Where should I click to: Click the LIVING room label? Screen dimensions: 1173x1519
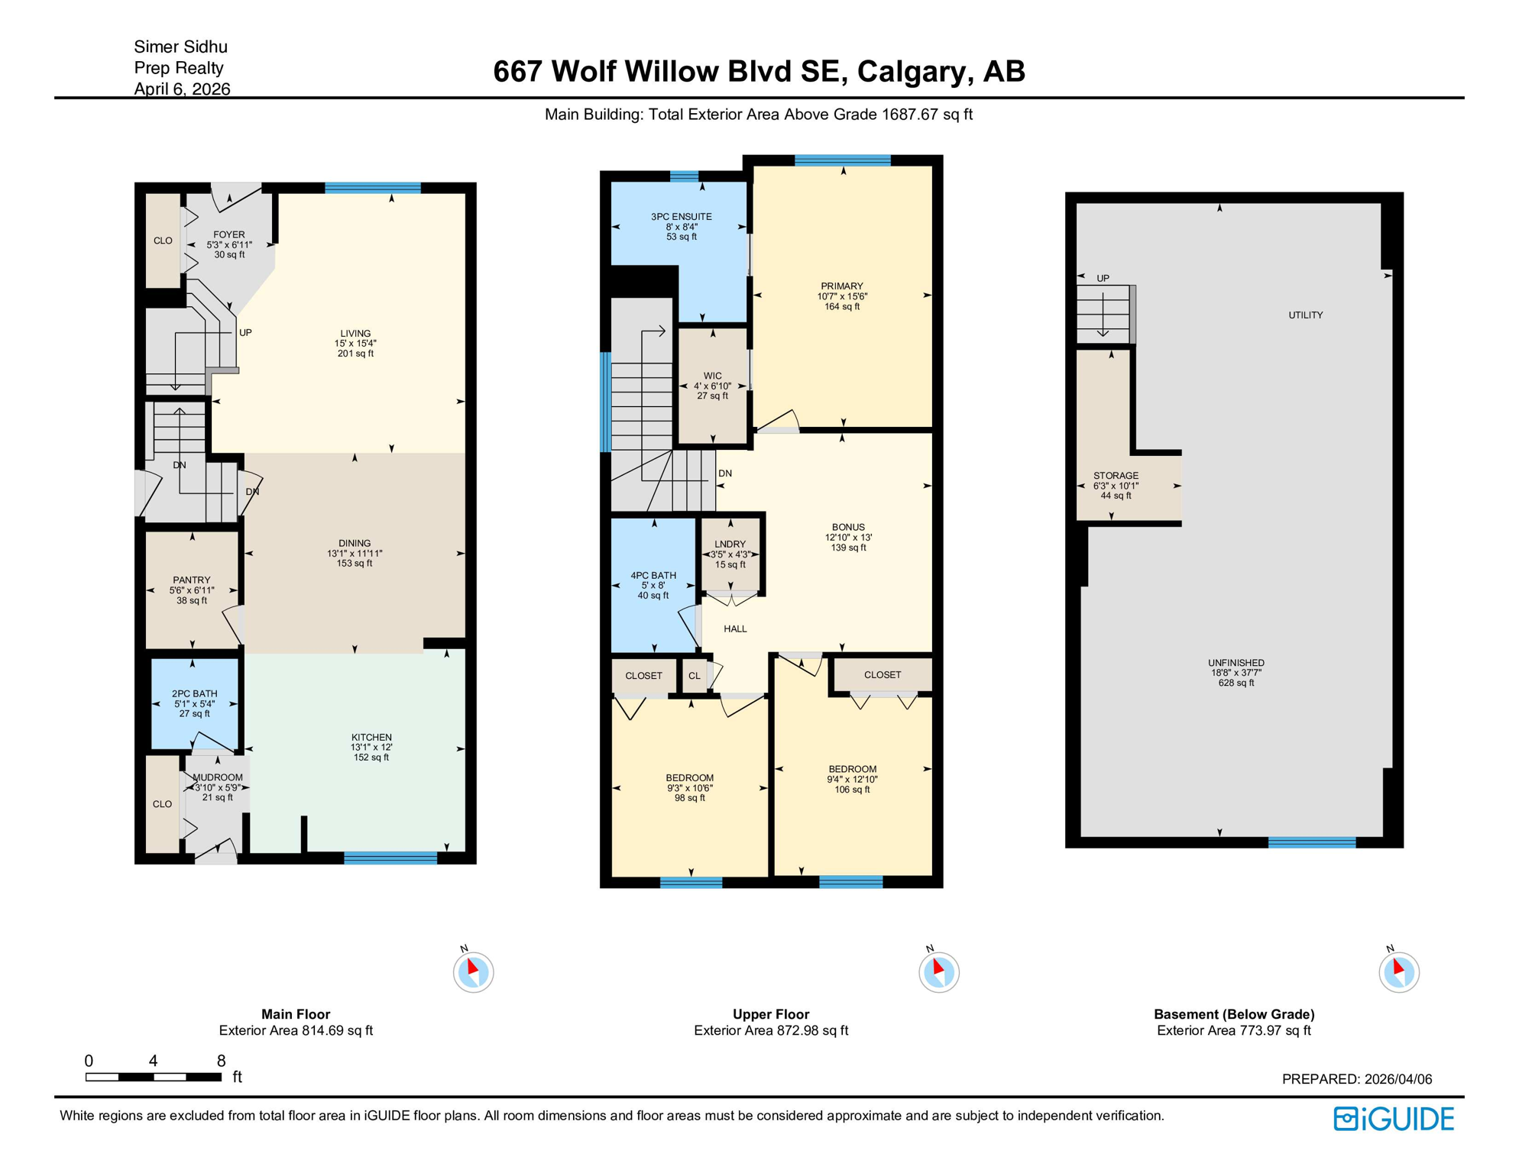355,334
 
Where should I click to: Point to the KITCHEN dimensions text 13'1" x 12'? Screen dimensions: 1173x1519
371,748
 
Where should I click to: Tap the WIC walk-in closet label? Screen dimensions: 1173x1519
712,376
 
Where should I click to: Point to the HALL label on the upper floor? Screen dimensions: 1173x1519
735,629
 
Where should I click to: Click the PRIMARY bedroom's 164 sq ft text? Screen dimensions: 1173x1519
842,307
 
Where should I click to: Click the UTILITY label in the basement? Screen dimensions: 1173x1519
1305,315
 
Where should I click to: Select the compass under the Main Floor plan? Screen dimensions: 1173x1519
474,972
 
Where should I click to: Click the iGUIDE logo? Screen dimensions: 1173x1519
1394,1120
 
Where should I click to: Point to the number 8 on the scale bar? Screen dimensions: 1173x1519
221,1061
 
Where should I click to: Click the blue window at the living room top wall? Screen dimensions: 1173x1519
373,188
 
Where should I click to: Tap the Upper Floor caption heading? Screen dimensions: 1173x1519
770,1014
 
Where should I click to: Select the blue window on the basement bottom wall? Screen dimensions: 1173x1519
1311,842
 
